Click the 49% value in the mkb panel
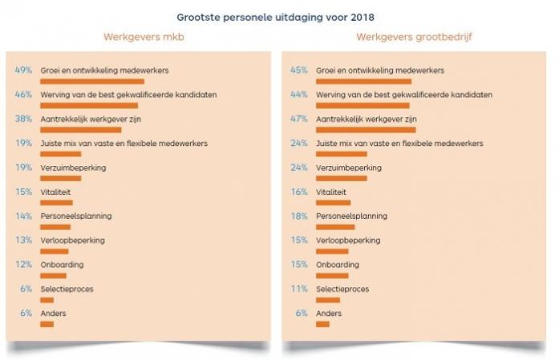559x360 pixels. pyautogui.click(x=23, y=71)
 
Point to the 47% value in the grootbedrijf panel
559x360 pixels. pyautogui.click(x=299, y=119)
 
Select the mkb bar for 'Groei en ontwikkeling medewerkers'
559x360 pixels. pyautogui.click(x=91, y=81)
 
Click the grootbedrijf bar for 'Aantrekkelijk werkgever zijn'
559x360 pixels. pyautogui.click(x=366, y=129)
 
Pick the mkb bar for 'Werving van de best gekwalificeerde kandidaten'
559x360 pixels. pyautogui.click(x=88, y=105)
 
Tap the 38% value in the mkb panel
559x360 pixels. pyautogui.click(x=23, y=119)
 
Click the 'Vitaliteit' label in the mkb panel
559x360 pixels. pyautogui.click(x=55, y=192)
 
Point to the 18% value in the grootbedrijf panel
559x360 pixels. pyautogui.click(x=299, y=216)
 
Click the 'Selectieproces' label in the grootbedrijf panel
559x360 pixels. pyautogui.click(x=342, y=289)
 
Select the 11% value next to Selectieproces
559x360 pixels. pyautogui.click(x=299, y=289)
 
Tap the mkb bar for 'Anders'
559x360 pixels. pyautogui.click(x=47, y=324)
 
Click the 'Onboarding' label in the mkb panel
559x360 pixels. pyautogui.click(x=62, y=265)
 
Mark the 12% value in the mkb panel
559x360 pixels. pyautogui.click(x=23, y=265)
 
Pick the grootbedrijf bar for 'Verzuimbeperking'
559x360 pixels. pyautogui.click(x=342, y=178)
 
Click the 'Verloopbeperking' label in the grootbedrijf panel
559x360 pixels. pyautogui.click(x=347, y=241)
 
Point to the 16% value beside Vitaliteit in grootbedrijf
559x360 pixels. pyautogui.click(x=299, y=192)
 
